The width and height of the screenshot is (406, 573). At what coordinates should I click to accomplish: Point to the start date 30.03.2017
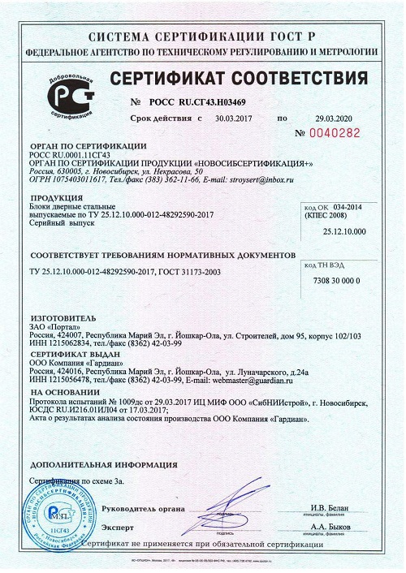pos(235,118)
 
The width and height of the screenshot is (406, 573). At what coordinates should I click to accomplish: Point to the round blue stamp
pos(71,511)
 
